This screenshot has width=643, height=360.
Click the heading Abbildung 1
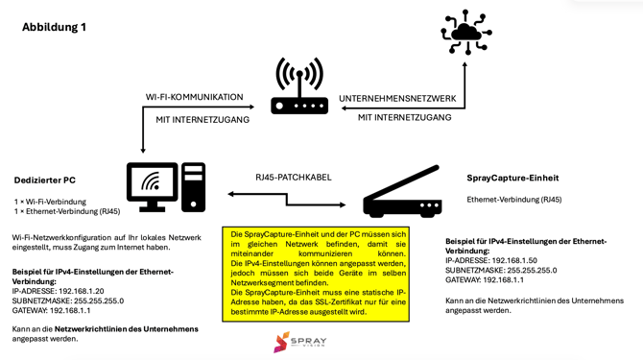click(x=54, y=27)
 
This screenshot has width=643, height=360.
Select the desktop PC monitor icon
click(x=152, y=186)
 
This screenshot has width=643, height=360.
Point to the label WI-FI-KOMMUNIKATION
click(x=195, y=97)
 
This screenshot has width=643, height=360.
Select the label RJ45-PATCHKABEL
click(x=294, y=177)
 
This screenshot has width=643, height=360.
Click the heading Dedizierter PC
click(x=45, y=180)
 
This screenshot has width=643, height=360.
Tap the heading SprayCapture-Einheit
click(x=512, y=178)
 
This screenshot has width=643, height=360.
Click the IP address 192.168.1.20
click(x=82, y=290)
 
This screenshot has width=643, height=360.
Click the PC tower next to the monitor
click(x=194, y=186)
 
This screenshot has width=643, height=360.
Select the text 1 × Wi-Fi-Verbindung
click(x=50, y=201)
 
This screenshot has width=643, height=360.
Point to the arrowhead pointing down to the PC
click(x=143, y=149)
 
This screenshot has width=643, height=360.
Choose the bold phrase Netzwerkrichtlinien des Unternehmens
click(x=126, y=329)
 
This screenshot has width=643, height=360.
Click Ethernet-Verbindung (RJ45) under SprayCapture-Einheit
click(x=514, y=200)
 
